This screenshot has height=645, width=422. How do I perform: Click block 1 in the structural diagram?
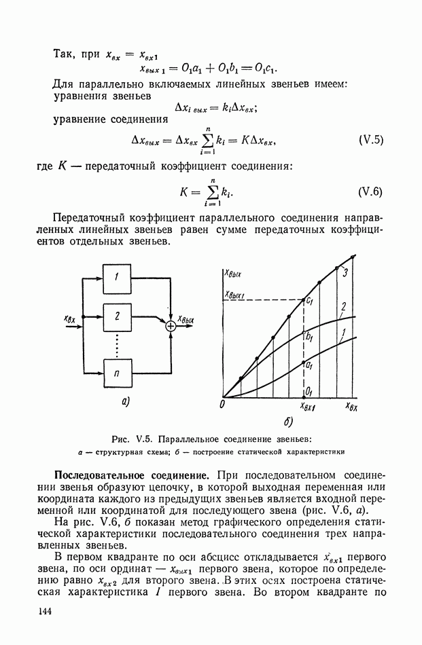click(x=117, y=277)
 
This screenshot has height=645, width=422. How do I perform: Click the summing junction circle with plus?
click(x=171, y=327)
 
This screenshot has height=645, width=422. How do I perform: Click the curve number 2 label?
click(x=345, y=306)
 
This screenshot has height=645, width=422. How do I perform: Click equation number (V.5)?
click(x=371, y=141)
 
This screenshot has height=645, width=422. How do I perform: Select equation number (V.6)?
click(x=371, y=191)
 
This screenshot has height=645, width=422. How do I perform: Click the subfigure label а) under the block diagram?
click(x=126, y=402)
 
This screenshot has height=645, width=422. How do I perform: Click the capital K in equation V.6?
click(x=184, y=191)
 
